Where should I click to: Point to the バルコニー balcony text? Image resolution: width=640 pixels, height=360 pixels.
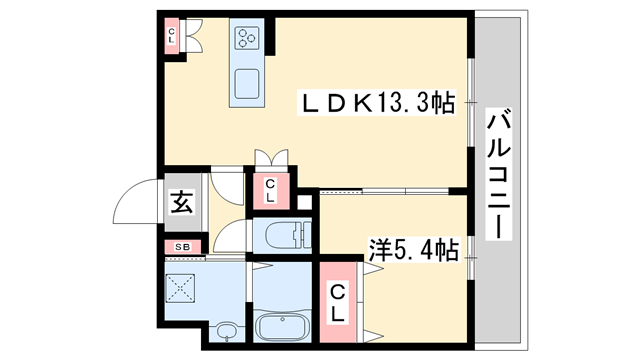pos(497,176)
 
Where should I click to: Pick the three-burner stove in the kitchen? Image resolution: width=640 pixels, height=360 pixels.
pos(247,39)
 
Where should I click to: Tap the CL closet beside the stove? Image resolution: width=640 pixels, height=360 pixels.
pos(172,37)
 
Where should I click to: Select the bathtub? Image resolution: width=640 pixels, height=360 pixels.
pos(282,327)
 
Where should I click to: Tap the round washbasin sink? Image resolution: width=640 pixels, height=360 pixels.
pos(227,331)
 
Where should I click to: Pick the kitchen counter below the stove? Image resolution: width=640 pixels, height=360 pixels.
pos(247,79)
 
